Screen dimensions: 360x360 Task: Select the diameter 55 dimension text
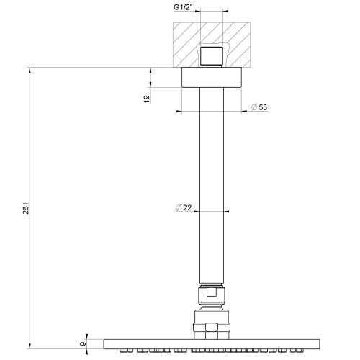(x=263, y=107)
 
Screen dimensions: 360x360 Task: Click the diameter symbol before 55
(x=254, y=107)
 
